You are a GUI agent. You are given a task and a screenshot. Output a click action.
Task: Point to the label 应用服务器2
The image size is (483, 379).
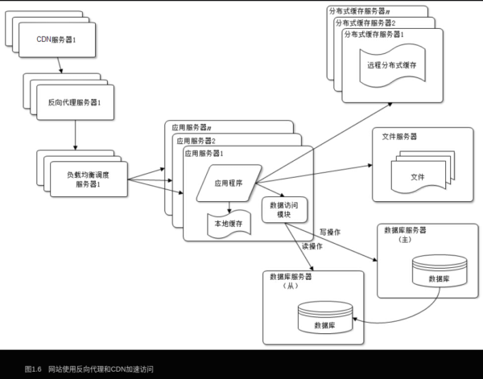196,140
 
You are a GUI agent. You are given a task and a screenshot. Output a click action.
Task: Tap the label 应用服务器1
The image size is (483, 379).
204,153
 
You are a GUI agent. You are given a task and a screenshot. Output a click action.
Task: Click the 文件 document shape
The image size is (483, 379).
418,176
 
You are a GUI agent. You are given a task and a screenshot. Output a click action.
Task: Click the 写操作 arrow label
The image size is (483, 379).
330,233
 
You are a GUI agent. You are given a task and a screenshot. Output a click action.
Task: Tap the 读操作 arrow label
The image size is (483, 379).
312,246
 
